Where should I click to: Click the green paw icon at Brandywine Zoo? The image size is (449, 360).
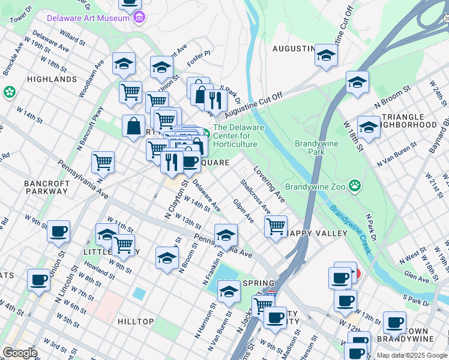pyautogui.click(x=355, y=186)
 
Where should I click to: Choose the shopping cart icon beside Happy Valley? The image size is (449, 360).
pyautogui.click(x=276, y=226)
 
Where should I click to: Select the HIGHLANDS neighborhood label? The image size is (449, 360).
pyautogui.click(x=52, y=79)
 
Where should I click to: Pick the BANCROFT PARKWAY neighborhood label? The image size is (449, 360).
pyautogui.click(x=46, y=187)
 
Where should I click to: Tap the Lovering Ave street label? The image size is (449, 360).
pyautogui.click(x=268, y=184)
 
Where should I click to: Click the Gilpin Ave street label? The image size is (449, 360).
pyautogui.click(x=244, y=211)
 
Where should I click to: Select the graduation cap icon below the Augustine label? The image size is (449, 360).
pyautogui.click(x=326, y=55)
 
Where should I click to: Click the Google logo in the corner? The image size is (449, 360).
pyautogui.click(x=20, y=352)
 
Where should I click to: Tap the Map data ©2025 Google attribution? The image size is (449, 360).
pyautogui.click(x=411, y=355)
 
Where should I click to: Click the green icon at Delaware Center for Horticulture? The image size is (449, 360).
pyautogui.click(x=205, y=132)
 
